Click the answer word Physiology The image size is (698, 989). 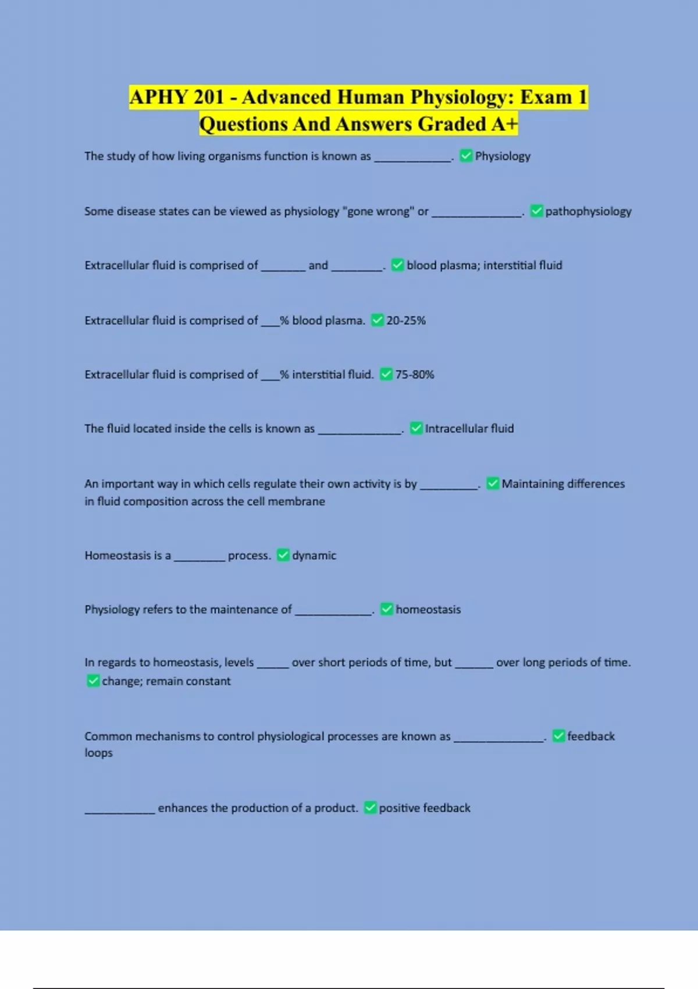503,156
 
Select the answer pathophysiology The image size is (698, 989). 588,211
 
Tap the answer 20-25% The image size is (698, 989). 406,321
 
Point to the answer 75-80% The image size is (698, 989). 415,375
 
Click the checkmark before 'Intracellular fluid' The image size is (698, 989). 416,429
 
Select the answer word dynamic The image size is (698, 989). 314,556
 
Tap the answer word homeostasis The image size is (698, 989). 428,610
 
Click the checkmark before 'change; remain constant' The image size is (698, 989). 93,681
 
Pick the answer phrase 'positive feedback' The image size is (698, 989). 425,808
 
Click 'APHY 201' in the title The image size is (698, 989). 177,97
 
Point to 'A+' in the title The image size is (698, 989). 504,124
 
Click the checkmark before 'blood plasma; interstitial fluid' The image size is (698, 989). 398,265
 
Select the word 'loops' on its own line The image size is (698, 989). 98,753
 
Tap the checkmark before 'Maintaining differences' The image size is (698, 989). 493,483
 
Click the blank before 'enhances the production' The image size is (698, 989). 120,809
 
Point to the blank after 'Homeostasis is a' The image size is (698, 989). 199,557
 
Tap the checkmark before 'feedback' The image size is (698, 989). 558,736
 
